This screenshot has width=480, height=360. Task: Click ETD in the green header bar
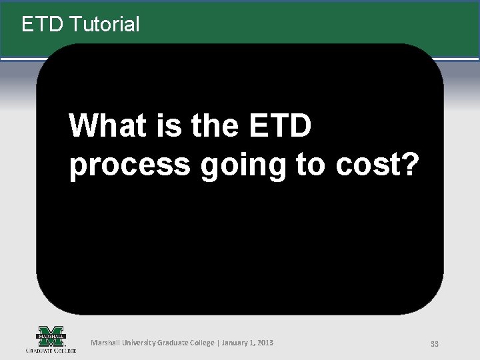pos(43,25)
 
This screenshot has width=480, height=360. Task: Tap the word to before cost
pos(310,166)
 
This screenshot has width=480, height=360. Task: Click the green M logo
pos(51,335)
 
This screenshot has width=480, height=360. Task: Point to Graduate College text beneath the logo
pos(51,349)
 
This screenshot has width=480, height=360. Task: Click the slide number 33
pos(435,343)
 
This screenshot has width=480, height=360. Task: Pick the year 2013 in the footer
pos(265,343)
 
